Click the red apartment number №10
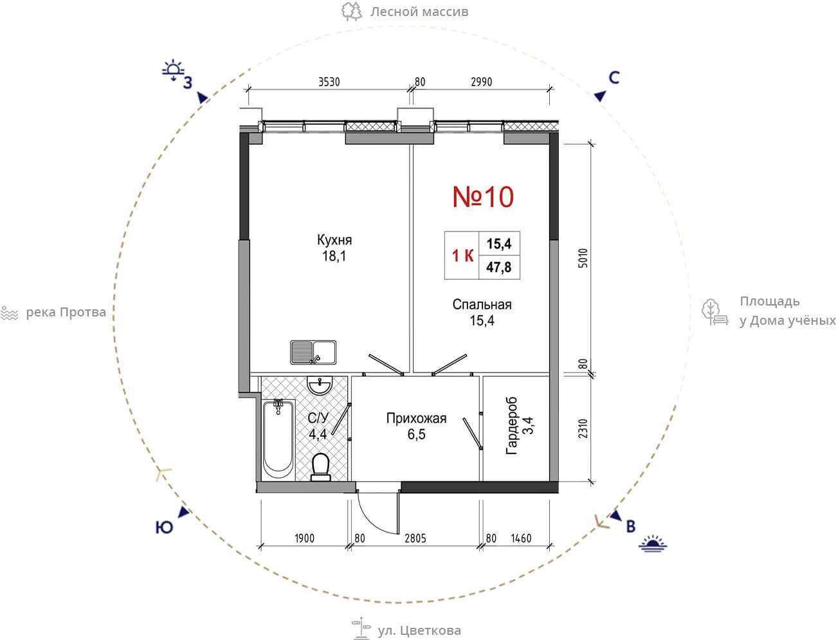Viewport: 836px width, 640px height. (483, 197)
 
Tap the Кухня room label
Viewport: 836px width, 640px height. (334, 240)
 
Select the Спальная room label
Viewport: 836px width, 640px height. (482, 304)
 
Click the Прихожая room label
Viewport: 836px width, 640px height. (416, 418)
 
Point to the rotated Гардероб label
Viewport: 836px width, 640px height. (511, 426)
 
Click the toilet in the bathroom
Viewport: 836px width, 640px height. (320, 467)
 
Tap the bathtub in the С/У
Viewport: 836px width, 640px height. (278, 439)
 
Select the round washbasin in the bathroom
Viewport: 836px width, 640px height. (320, 385)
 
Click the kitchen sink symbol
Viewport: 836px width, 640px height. (313, 352)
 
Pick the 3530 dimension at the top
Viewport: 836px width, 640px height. (329, 82)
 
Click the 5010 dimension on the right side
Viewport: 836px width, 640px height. (583, 258)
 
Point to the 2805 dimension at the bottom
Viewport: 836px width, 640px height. (415, 538)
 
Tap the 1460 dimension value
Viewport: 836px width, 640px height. (521, 538)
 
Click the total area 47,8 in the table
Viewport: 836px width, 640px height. (498, 267)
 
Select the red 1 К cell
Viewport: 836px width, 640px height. (462, 255)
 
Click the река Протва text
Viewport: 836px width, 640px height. (66, 313)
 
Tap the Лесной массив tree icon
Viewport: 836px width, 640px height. (351, 12)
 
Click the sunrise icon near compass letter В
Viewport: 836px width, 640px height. (653, 544)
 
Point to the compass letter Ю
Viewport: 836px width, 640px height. (164, 527)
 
